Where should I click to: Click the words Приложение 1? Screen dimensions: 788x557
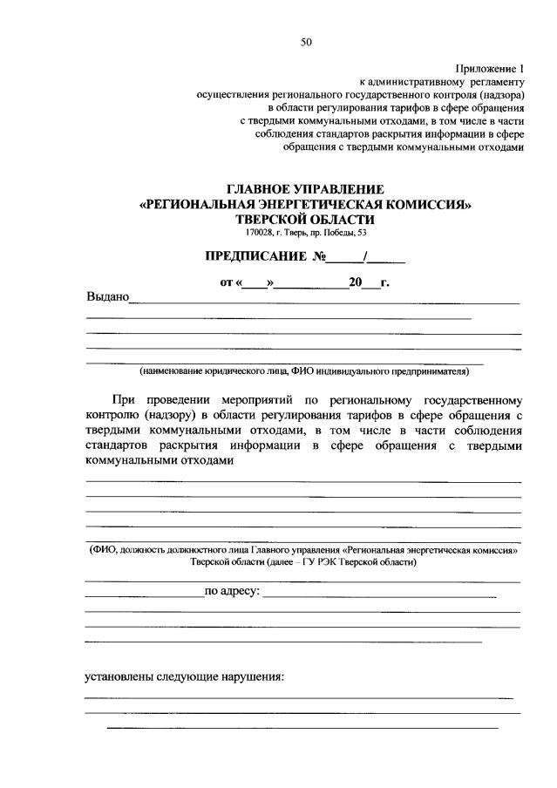[491, 68]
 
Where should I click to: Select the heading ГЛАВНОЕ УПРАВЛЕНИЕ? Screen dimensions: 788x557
[305, 189]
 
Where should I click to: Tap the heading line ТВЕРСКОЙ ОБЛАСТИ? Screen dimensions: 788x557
[305, 220]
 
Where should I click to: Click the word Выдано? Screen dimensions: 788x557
[106, 297]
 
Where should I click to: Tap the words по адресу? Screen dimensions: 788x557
[231, 592]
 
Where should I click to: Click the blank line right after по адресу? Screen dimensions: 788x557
[379, 595]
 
